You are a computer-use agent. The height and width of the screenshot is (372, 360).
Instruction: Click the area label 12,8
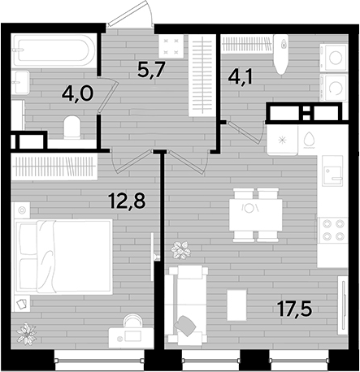(x=127, y=201)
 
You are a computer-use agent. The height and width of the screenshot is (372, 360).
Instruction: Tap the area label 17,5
(x=295, y=309)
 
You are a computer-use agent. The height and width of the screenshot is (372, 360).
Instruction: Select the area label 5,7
(x=150, y=70)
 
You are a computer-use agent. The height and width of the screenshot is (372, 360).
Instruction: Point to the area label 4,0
(x=77, y=93)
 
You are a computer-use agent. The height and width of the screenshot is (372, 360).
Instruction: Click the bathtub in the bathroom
(x=54, y=50)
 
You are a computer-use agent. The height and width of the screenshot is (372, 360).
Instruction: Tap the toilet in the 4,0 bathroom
(x=72, y=128)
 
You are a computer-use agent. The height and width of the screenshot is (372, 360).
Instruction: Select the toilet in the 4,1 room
(x=280, y=54)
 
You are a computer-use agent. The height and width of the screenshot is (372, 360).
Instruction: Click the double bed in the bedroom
(x=63, y=257)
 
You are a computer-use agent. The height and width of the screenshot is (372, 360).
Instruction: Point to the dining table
(x=256, y=215)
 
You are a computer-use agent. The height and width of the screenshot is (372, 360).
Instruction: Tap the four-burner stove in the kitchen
(x=333, y=231)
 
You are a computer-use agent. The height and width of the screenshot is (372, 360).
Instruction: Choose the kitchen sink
(x=333, y=171)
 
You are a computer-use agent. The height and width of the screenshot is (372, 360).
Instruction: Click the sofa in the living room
(x=187, y=305)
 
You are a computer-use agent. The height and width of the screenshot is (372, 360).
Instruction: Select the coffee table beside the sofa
(x=236, y=305)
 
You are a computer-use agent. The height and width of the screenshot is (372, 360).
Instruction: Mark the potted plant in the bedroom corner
(x=26, y=333)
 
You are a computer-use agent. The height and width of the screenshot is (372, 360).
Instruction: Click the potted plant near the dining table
(x=180, y=250)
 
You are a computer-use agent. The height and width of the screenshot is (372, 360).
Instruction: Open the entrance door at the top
(x=131, y=14)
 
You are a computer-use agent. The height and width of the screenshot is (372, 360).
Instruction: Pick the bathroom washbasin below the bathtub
(x=20, y=82)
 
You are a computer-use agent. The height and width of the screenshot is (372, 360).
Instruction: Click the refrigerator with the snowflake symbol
(x=282, y=140)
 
